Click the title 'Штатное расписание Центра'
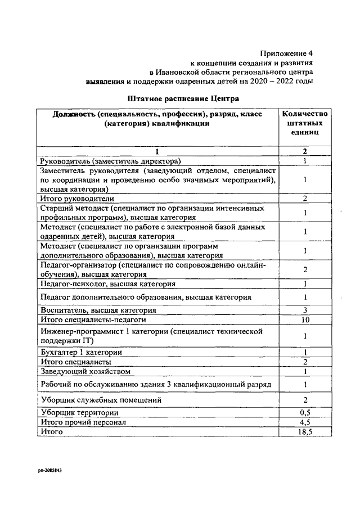tap(183, 98)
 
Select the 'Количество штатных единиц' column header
tap(304, 123)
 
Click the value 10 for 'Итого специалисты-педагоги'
tap(304, 319)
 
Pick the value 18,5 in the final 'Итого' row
tap(304, 431)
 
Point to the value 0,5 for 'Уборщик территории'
tap(304, 412)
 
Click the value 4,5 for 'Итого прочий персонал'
tap(304, 422)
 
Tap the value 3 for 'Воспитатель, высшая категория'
tap(304, 310)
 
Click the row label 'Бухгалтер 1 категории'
tap(82, 352)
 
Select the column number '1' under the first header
tap(157, 151)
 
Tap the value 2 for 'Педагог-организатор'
tap(304, 269)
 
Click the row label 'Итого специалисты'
tap(76, 362)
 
